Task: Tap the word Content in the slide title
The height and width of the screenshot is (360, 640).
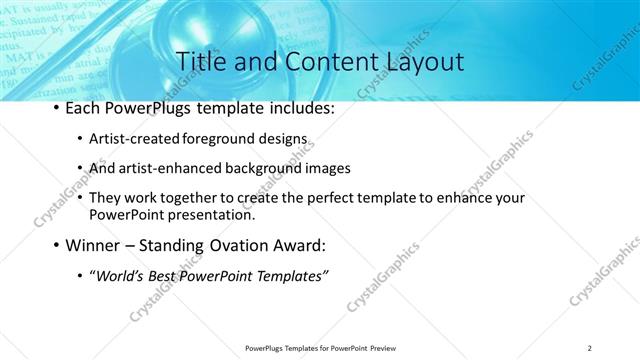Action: [x=322, y=61]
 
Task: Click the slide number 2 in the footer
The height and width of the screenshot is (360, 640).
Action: [x=590, y=347]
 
